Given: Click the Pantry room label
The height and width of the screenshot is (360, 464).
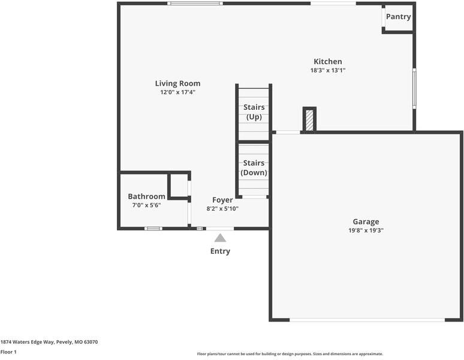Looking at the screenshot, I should [x=398, y=17].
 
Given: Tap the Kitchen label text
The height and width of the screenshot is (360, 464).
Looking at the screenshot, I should [x=328, y=61].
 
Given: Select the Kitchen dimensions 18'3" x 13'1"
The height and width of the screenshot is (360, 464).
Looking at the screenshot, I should [x=328, y=70].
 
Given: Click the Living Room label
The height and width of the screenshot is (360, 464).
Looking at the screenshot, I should [x=177, y=83].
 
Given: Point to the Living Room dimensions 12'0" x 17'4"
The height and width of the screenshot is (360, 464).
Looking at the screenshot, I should [x=177, y=92].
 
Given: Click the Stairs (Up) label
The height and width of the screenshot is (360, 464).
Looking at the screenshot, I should [x=254, y=112].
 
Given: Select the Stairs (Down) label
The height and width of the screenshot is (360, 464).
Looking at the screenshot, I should [x=254, y=167].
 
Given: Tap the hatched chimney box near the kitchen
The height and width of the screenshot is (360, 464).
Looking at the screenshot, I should [x=309, y=119].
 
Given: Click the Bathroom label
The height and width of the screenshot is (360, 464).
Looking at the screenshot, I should [x=146, y=196].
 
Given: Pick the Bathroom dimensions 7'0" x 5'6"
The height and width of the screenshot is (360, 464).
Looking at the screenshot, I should [x=146, y=205].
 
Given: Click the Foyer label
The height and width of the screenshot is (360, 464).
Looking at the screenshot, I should [x=222, y=200].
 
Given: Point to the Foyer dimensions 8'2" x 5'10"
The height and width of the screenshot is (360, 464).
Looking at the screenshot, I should [x=222, y=209].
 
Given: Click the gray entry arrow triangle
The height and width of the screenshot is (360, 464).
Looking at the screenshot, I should [x=220, y=238].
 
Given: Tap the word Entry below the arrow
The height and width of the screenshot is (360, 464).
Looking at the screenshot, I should [x=220, y=251].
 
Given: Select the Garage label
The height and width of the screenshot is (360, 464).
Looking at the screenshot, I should [x=366, y=221].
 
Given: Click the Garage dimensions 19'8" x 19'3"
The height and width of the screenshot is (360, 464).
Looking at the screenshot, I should [x=366, y=230].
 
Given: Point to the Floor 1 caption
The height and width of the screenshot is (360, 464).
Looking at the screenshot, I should [x=8, y=352].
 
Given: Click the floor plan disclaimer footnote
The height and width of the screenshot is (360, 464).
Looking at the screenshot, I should [x=290, y=354].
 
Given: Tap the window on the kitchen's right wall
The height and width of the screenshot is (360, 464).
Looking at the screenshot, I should [x=414, y=88].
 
